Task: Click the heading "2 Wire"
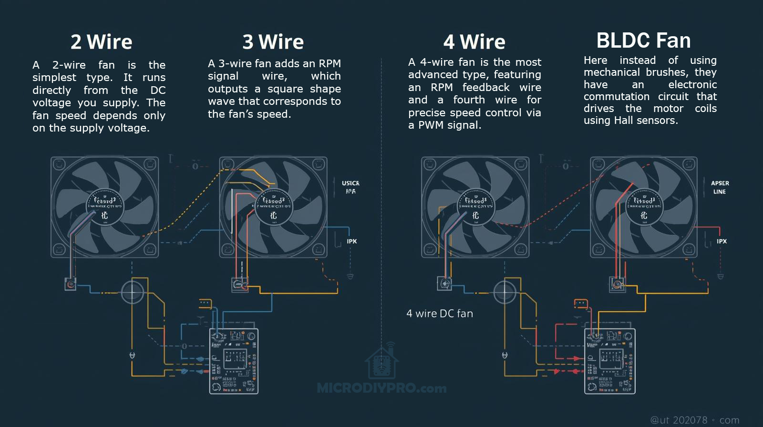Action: click(x=101, y=42)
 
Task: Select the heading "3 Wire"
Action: click(x=273, y=42)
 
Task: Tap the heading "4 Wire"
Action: click(x=474, y=42)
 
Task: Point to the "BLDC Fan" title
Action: click(x=643, y=41)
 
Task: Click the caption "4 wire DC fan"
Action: click(x=439, y=314)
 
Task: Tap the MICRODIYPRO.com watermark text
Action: click(x=381, y=388)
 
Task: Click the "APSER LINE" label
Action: click(x=720, y=187)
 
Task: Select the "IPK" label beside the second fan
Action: click(x=352, y=241)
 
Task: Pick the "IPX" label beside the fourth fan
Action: click(x=722, y=241)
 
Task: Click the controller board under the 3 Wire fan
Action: click(x=234, y=361)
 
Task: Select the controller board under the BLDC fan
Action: click(x=610, y=361)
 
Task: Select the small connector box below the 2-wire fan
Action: click(x=71, y=285)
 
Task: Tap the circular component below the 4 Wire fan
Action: click(x=504, y=292)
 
